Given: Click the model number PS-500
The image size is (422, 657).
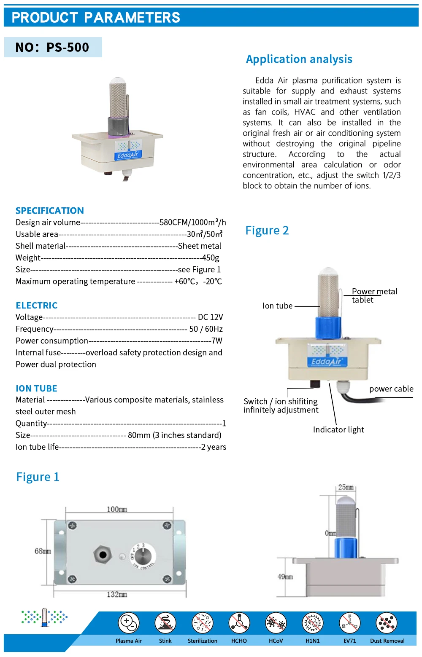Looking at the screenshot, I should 68,47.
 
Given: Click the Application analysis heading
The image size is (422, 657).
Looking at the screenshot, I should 299,59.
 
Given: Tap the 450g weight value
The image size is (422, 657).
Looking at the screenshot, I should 211,257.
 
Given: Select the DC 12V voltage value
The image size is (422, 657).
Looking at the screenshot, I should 210,317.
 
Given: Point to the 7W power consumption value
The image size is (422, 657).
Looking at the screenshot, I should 217,341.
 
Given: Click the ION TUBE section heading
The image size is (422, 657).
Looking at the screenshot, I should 36,389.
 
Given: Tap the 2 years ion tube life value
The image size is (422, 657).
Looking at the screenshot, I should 214,447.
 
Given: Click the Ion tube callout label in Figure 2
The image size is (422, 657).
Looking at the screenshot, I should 277,306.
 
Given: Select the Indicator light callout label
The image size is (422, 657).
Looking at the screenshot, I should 338,429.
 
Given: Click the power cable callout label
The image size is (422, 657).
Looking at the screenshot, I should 391,389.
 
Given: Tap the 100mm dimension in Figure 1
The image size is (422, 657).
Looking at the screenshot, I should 117,510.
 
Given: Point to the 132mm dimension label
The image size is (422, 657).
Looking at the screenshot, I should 117,594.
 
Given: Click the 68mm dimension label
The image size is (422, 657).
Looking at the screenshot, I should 43,551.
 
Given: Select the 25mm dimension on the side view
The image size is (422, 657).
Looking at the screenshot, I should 346,487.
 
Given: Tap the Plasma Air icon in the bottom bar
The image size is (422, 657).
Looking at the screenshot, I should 129,623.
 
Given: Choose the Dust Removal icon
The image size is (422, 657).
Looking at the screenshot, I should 387,623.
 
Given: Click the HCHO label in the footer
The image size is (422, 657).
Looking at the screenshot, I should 239,641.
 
